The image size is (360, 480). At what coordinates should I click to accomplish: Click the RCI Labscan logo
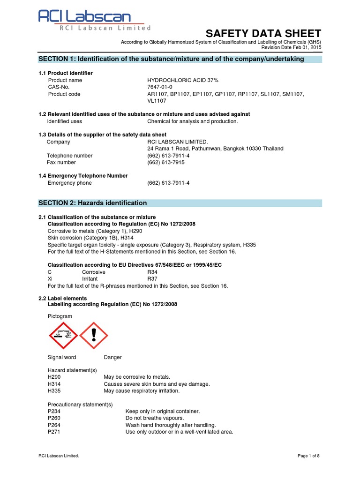(94, 21)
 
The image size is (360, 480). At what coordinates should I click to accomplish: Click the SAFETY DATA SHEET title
(263, 33)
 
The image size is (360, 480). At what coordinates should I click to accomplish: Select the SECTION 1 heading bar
(180, 59)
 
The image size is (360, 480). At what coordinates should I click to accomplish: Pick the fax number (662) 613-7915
(166, 162)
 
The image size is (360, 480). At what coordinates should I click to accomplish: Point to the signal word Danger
(112, 357)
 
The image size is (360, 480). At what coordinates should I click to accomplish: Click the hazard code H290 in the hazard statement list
(54, 377)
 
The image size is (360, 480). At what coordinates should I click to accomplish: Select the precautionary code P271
(54, 432)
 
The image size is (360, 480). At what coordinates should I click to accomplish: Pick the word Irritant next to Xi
(91, 278)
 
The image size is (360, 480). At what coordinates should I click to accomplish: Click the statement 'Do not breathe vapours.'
(155, 418)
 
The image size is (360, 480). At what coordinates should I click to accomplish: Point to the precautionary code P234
(54, 411)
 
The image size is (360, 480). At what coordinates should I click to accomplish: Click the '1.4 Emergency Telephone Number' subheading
(83, 176)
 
